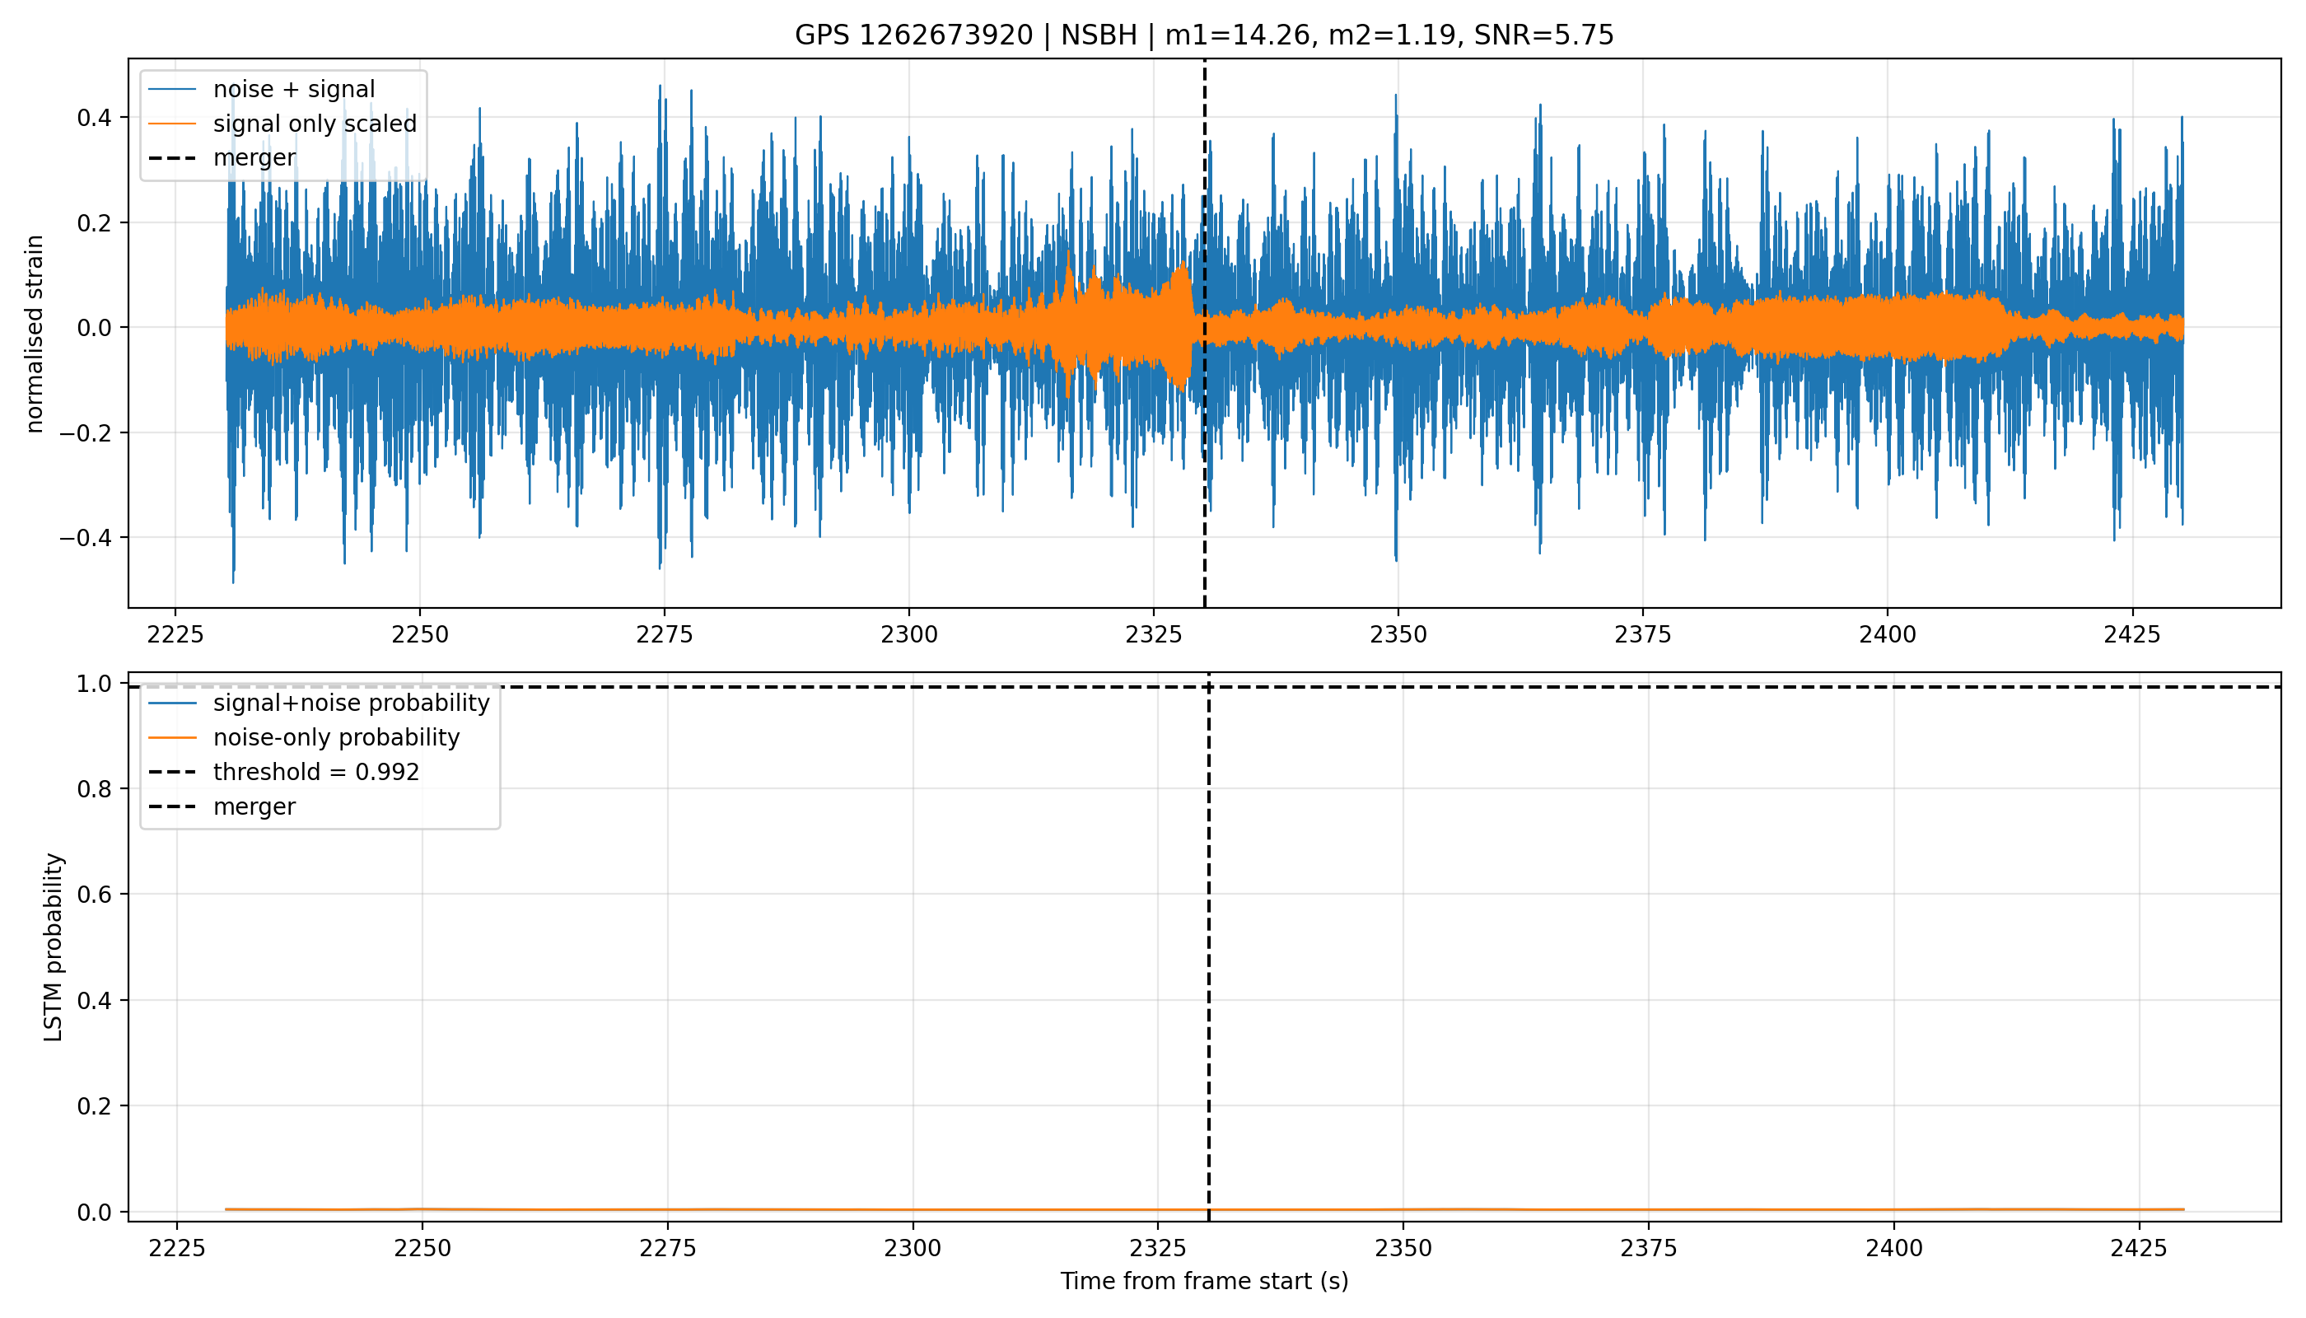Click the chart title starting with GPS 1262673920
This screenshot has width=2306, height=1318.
pos(1204,35)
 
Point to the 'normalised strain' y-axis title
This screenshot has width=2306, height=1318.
pos(35,334)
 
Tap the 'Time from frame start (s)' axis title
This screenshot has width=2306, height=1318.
pos(1205,1281)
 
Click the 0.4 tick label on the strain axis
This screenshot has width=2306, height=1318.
pos(94,118)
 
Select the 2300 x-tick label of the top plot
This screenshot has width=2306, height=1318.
pos(909,634)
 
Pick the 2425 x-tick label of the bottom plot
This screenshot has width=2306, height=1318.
pos(2140,1248)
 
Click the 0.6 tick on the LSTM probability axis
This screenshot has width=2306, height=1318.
pos(94,895)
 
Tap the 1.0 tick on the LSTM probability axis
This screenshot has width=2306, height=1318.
pos(94,684)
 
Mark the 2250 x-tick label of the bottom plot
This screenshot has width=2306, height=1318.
pos(422,1248)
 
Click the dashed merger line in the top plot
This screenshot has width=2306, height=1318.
pos(1205,333)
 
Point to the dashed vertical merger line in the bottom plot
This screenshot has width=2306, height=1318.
pos(1209,946)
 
